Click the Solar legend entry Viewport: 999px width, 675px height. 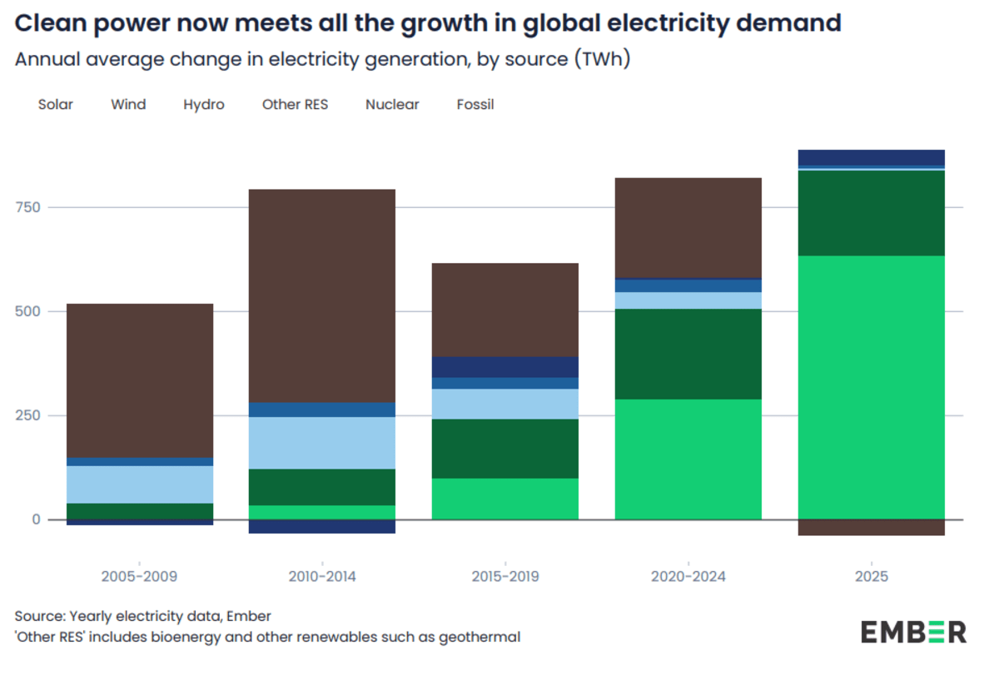[55, 105]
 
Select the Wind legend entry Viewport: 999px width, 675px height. [128, 105]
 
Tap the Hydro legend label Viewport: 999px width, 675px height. [204, 105]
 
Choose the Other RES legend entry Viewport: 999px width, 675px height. [295, 105]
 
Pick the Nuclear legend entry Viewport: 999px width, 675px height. [392, 105]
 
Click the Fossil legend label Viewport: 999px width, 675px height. [475, 105]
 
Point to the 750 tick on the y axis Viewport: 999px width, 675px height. [28, 207]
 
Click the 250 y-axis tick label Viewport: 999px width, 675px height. [28, 415]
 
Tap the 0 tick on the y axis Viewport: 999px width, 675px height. [36, 519]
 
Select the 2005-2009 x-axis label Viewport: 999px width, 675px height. [139, 576]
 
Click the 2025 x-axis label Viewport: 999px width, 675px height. [871, 576]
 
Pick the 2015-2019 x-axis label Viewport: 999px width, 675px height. [504, 576]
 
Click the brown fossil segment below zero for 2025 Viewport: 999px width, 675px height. [871, 528]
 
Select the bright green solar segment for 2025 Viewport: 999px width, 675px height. [871, 387]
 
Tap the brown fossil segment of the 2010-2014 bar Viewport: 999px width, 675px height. [321, 295]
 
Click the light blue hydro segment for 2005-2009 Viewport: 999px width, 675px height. [139, 484]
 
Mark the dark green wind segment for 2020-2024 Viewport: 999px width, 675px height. [688, 354]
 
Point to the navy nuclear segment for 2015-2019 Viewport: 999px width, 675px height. [504, 367]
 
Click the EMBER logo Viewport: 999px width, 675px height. [913, 632]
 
